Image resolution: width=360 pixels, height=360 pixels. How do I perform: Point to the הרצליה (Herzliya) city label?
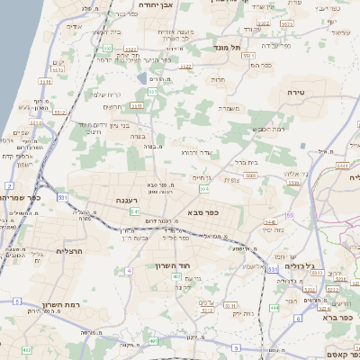tap(69, 251)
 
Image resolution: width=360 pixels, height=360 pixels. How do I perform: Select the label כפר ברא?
tap(341, 317)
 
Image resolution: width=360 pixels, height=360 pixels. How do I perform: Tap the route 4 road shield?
tap(129, 270)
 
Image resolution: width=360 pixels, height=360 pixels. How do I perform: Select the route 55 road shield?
tap(289, 216)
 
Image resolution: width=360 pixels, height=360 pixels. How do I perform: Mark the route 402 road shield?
tap(26, 349)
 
